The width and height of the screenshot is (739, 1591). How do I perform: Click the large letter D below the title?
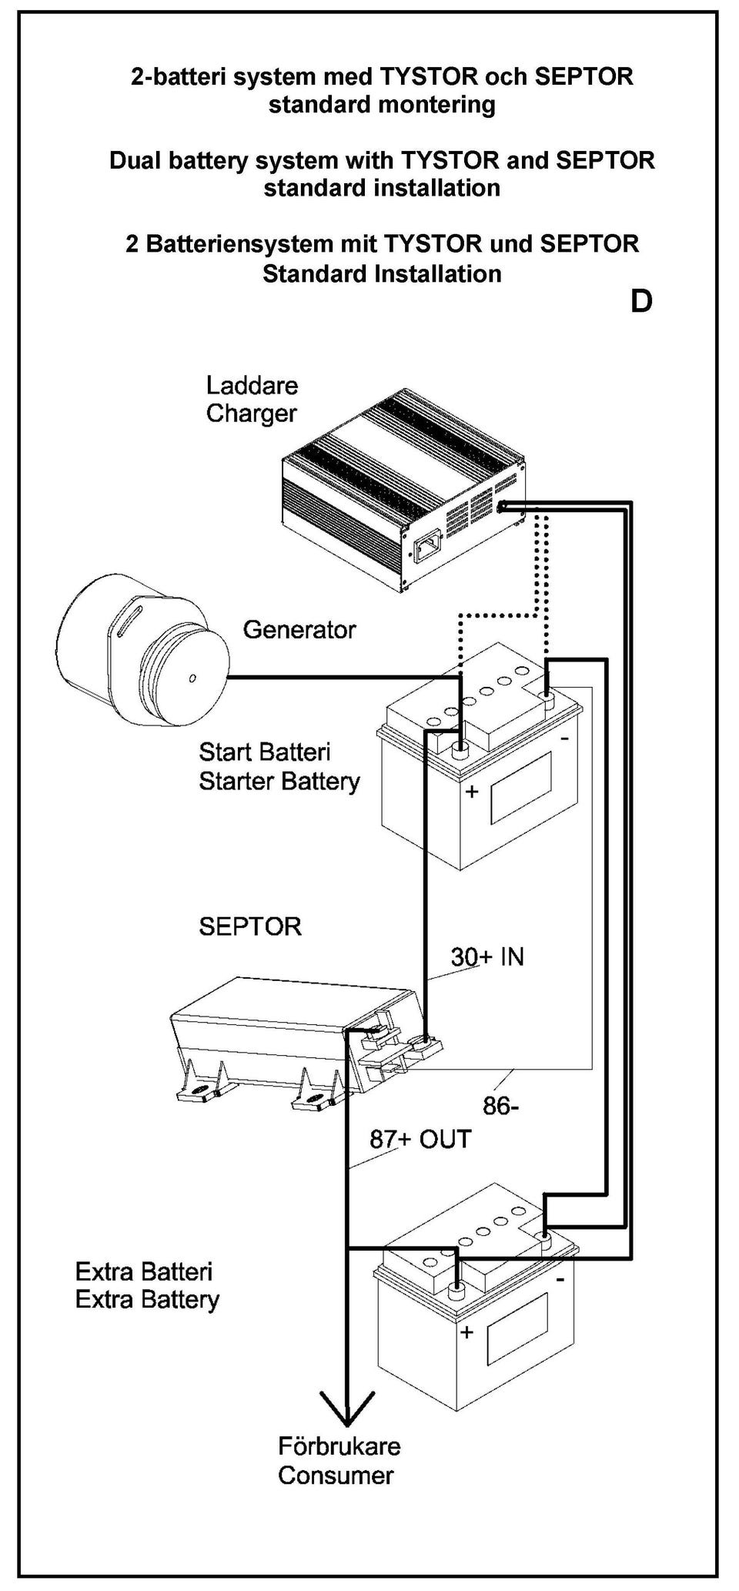click(641, 301)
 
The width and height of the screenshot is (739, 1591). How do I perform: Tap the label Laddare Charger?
click(252, 400)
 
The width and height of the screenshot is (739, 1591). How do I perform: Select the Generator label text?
click(299, 630)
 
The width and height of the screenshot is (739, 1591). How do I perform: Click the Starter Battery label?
click(279, 767)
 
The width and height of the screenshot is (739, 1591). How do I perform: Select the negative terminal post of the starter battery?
click(549, 699)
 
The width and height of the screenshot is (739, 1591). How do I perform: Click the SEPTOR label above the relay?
click(250, 926)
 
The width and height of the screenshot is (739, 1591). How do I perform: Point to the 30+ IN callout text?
click(487, 957)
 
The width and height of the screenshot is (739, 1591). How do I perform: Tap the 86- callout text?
click(500, 1107)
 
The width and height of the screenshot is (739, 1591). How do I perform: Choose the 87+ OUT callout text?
click(420, 1139)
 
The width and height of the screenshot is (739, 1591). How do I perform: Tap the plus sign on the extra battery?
click(466, 1333)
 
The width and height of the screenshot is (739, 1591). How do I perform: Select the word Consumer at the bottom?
click(336, 1476)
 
